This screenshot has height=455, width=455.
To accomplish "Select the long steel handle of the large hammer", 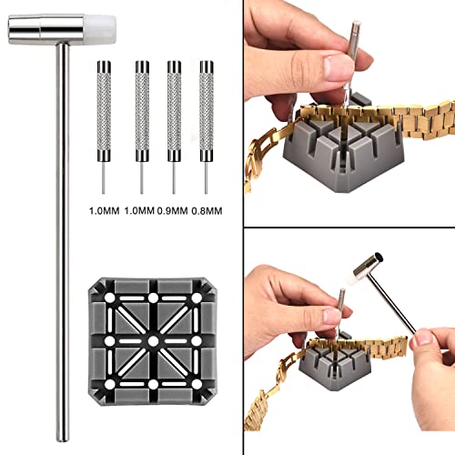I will point(63,227).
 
